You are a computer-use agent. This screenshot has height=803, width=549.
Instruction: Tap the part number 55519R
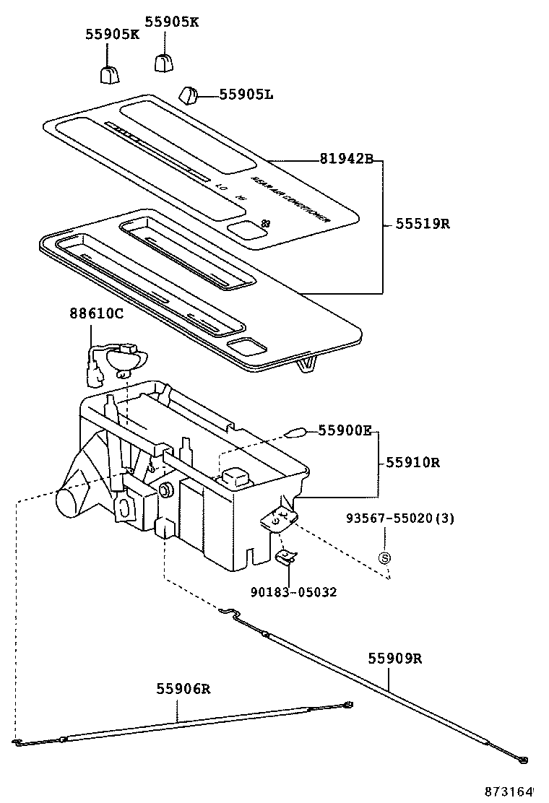coord(423,224)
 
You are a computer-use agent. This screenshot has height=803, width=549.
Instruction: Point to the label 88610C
coord(97,314)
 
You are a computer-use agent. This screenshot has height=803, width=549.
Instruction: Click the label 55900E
coord(345,431)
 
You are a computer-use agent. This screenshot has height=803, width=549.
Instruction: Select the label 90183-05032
coord(294,592)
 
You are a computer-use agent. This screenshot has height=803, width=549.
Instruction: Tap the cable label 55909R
coord(394,659)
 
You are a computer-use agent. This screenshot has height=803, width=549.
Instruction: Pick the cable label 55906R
coord(183,689)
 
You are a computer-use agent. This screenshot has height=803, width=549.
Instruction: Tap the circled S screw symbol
coord(385,557)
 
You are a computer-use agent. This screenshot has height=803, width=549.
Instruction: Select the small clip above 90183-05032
coord(287,555)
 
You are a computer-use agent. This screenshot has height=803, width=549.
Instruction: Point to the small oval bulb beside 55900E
coord(295,433)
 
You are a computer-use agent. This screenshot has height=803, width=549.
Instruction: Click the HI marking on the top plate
coord(241,197)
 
